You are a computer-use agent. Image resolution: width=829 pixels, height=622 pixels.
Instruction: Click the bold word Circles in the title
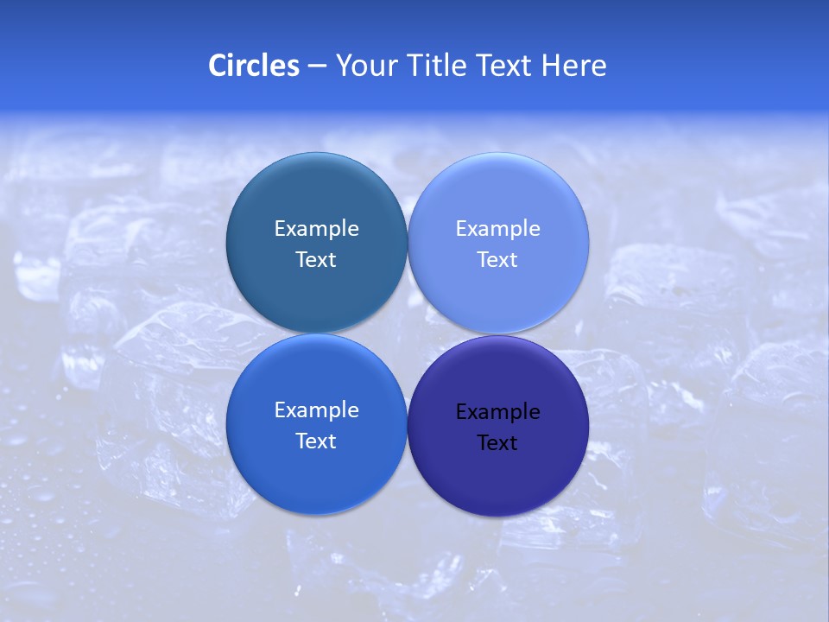pos(254,66)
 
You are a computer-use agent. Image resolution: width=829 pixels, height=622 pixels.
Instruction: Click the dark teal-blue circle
pos(316,199)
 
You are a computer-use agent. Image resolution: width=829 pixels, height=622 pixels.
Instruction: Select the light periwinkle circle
pos(497,199)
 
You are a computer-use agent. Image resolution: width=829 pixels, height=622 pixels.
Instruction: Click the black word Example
pos(497,412)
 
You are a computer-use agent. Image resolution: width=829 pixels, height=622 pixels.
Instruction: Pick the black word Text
pos(497,443)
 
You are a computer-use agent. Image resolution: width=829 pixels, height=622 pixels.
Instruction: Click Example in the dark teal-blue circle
pos(316,229)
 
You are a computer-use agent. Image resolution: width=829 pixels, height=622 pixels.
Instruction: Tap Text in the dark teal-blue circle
pos(316,260)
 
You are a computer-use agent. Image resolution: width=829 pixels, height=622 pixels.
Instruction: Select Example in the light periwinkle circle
pos(497,229)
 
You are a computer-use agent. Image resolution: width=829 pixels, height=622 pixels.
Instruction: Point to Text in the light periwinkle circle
pos(497,260)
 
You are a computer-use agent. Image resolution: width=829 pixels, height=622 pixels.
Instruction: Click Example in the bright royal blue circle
pos(316,410)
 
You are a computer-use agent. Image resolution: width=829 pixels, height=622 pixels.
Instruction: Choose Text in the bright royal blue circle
pos(316,441)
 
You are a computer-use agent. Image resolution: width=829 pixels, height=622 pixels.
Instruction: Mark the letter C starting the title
pos(218,66)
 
